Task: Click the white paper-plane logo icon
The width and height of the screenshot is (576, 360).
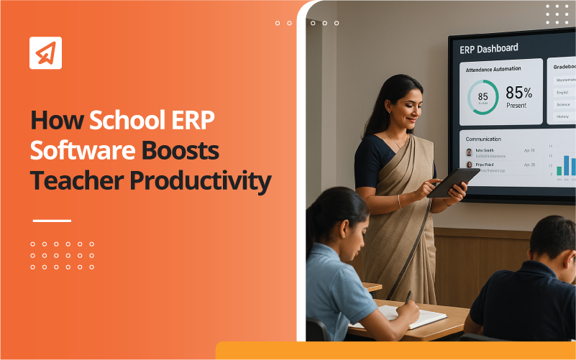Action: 45,52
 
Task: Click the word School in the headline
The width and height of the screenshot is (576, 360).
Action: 132,120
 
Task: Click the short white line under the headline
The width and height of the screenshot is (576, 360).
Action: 52,221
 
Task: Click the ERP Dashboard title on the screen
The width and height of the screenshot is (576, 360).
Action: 489,49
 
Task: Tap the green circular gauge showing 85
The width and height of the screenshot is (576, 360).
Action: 483,96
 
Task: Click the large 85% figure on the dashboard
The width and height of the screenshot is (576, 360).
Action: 519,93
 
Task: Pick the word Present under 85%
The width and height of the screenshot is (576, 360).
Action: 516,106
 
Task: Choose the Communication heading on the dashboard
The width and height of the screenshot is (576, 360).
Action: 483,139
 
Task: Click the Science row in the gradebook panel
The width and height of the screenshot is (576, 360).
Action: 563,104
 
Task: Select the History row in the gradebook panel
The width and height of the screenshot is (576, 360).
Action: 563,116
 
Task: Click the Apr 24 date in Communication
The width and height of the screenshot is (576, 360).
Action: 529,151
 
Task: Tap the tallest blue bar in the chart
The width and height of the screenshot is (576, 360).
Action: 566,165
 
